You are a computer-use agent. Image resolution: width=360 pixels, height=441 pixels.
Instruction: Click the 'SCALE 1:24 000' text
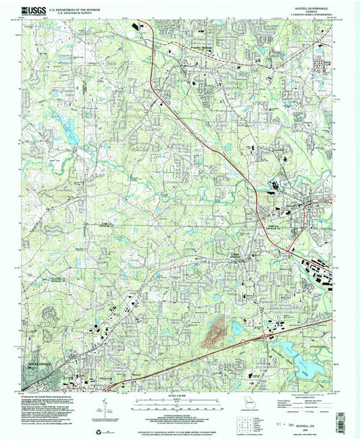[180, 396]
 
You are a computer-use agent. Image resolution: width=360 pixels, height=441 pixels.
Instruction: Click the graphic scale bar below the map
[180, 405]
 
